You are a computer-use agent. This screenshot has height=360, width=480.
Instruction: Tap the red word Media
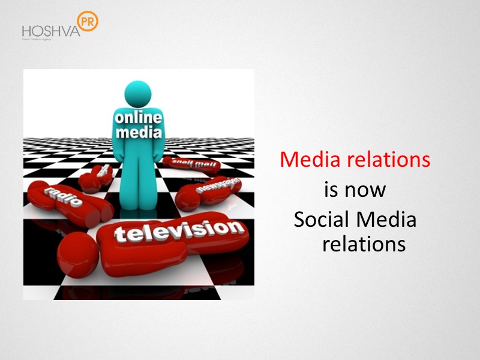308,160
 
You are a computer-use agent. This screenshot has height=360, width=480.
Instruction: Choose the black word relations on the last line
364,244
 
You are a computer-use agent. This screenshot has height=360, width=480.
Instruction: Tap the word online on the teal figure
137,118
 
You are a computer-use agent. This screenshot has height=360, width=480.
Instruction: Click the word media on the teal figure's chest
137,133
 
